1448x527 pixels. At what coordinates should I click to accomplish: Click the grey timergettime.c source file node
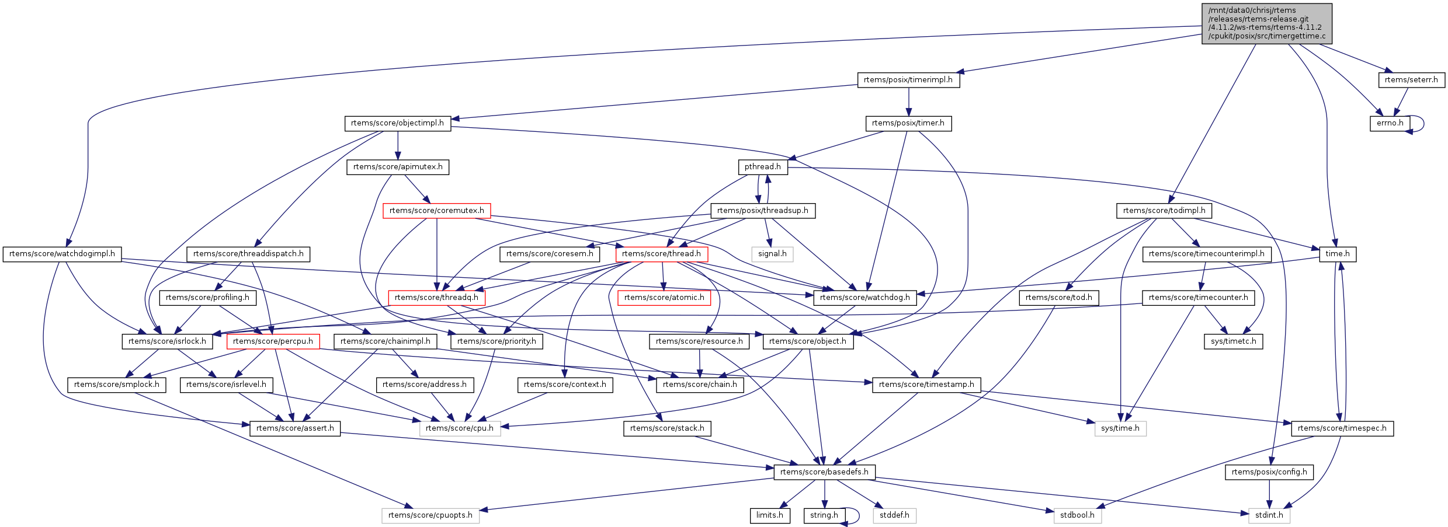(x=1266, y=23)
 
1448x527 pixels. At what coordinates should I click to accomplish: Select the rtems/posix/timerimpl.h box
(x=908, y=80)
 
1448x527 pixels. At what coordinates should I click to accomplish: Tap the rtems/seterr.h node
(x=1411, y=80)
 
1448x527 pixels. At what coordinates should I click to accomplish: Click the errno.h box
(x=1390, y=123)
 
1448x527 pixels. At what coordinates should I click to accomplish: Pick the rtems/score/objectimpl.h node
(x=397, y=123)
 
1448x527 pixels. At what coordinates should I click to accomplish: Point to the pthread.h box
(x=762, y=167)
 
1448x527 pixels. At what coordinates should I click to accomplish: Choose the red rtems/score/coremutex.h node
(x=436, y=211)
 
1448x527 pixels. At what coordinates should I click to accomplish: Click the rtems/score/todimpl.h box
(x=1164, y=211)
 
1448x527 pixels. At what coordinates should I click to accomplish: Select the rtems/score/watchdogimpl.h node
(x=62, y=254)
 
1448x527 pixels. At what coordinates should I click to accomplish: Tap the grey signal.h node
(x=772, y=254)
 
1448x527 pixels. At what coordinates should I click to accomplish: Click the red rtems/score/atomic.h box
(x=664, y=298)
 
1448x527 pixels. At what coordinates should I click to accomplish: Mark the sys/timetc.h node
(x=1233, y=341)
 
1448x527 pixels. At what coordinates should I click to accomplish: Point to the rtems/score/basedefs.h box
(x=824, y=472)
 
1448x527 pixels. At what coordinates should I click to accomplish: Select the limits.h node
(x=769, y=515)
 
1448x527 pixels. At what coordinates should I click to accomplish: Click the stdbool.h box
(x=1077, y=515)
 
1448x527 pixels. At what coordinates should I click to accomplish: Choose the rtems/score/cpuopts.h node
(x=430, y=515)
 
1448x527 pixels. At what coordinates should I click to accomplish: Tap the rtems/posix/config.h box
(x=1269, y=472)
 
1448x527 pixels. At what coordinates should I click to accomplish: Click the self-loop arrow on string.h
(x=856, y=515)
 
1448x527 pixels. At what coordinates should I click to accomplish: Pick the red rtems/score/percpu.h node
(x=273, y=341)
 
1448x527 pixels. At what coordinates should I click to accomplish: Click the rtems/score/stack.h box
(x=667, y=428)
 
